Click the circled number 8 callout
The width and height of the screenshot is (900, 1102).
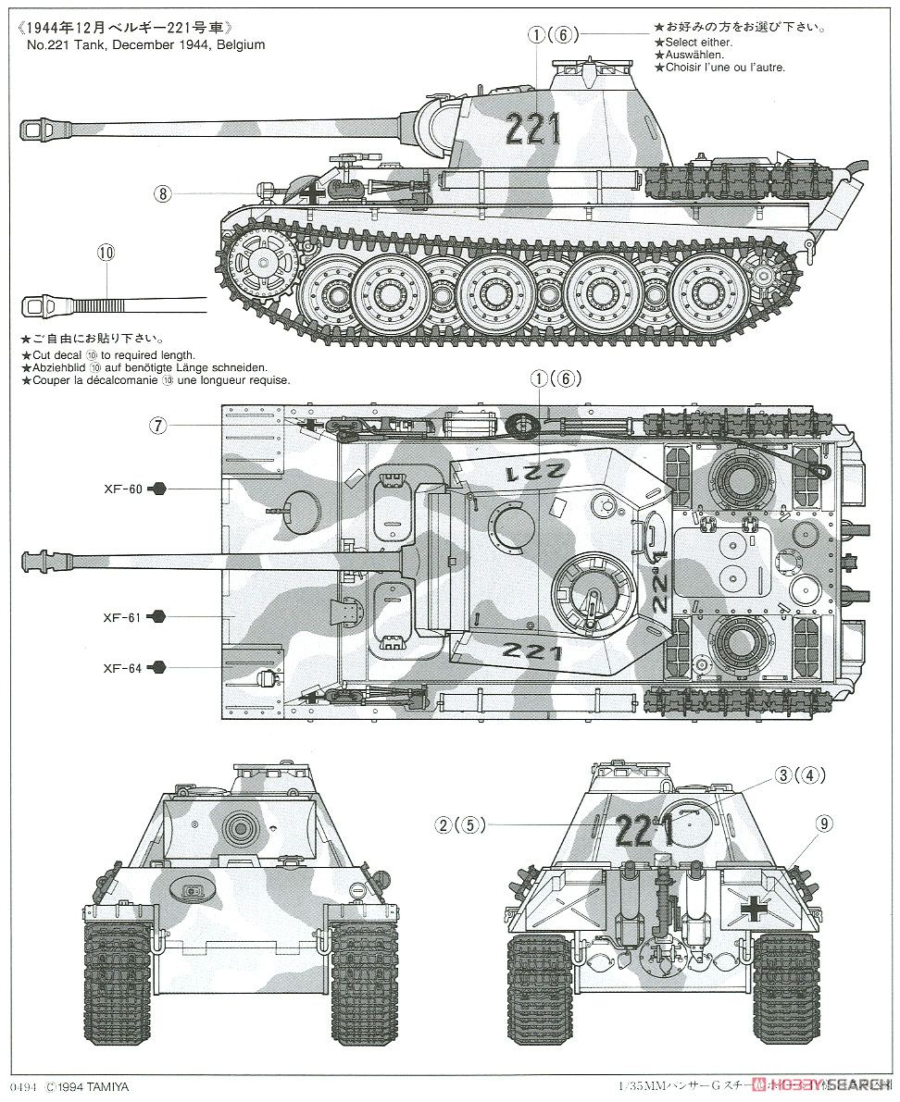(x=163, y=194)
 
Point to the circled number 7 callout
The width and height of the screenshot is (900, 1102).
(x=159, y=425)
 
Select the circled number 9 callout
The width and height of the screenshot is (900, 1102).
(x=825, y=822)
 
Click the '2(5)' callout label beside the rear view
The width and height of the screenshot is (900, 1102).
(x=461, y=825)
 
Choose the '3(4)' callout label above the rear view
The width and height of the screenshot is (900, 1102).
(x=800, y=775)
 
